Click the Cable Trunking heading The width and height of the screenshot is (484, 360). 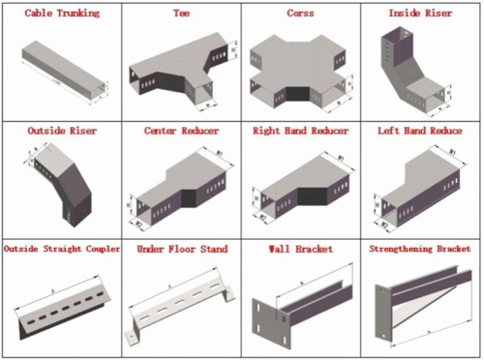60,15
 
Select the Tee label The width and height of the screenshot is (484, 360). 181,15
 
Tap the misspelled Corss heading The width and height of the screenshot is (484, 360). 300,15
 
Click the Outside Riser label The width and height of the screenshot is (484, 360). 60,130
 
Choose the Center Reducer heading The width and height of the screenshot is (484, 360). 181,130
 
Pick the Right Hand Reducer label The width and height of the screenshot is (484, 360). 300,130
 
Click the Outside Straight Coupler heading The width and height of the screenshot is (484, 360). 61,249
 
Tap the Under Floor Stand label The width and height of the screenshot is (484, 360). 181,249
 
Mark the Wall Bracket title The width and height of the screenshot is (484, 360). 300,249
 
